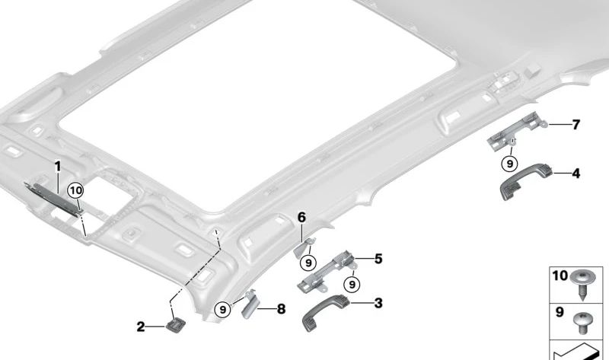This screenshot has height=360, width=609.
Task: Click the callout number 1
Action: [x=58, y=167]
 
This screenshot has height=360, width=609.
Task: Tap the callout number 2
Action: [x=141, y=327]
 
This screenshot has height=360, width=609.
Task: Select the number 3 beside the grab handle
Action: [x=378, y=304]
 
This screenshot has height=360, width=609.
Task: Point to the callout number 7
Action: [x=576, y=125]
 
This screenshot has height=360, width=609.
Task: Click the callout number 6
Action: [x=301, y=218]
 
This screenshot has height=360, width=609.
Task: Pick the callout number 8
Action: [x=281, y=309]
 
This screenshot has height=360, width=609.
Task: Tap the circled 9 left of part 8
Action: [x=223, y=310]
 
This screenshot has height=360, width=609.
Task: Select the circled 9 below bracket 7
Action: [x=509, y=164]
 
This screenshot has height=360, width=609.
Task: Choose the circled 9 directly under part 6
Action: [x=308, y=263]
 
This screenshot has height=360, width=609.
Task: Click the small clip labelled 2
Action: [x=176, y=325]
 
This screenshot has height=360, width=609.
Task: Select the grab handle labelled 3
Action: [x=325, y=312]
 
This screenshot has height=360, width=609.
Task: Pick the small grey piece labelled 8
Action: [x=249, y=304]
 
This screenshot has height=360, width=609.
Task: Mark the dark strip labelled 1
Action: [x=54, y=197]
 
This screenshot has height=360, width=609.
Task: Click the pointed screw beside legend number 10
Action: [x=582, y=285]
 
